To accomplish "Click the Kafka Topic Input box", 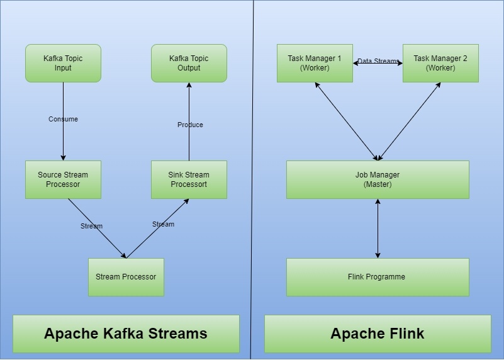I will [x=63, y=63].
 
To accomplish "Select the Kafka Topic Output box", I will [x=189, y=63].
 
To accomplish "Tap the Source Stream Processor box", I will [x=63, y=179].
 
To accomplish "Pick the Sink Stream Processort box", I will [x=189, y=179].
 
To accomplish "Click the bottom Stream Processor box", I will [x=126, y=277].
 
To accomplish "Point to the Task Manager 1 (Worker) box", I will [x=315, y=63].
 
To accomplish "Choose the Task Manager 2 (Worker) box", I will [x=440, y=63].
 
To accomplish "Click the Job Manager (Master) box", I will [x=378, y=179].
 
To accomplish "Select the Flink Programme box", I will [x=378, y=277].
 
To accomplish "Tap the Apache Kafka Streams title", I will [x=126, y=334].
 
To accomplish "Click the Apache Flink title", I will [x=378, y=334].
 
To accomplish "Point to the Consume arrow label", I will [x=63, y=119].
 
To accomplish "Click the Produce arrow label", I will [x=190, y=125].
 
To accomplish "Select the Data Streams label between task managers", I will [x=378, y=61].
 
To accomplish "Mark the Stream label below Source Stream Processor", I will [x=91, y=226].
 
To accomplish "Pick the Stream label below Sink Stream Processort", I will [x=163, y=224].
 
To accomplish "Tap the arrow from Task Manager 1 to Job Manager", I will [x=347, y=121].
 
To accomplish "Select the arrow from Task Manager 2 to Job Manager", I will [x=409, y=121].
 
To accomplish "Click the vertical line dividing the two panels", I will [x=252, y=189].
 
